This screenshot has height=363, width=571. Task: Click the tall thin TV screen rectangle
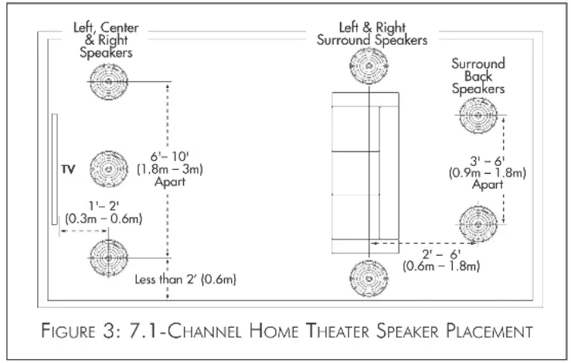click(54, 169)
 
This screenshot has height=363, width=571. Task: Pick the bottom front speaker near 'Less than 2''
click(107, 256)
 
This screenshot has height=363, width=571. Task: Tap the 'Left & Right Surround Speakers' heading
click(372, 35)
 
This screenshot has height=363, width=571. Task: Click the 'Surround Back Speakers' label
click(478, 76)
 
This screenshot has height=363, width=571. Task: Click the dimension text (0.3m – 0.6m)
click(104, 219)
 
